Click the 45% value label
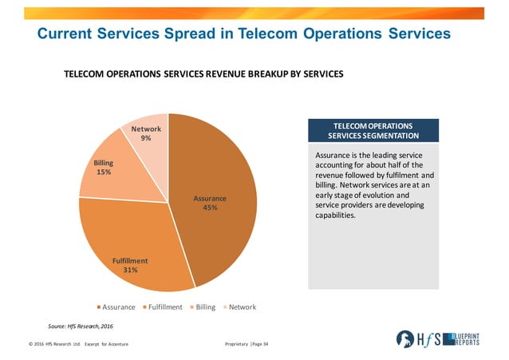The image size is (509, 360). click(x=211, y=208)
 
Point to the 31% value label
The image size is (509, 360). click(x=130, y=270)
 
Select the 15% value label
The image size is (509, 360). click(x=104, y=172)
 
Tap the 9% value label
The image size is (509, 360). click(x=146, y=139)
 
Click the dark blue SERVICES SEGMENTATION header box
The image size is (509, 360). click(x=373, y=131)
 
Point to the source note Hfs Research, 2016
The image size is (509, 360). click(x=79, y=326)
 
